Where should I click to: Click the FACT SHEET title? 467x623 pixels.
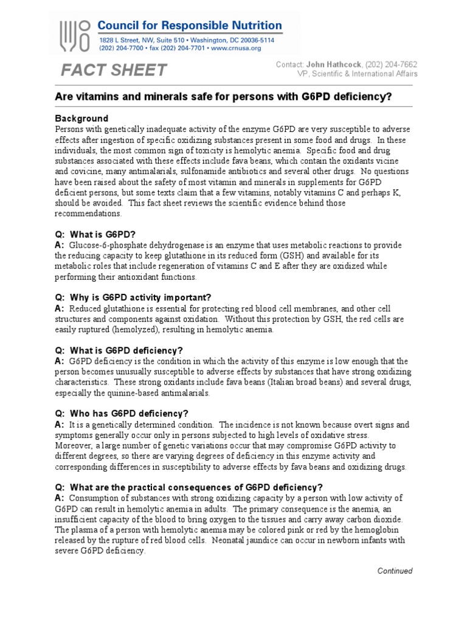click(x=113, y=70)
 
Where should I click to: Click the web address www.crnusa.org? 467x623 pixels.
click(x=237, y=48)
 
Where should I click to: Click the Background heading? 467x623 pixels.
click(x=81, y=118)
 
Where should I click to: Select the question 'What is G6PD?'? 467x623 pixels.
click(x=95, y=234)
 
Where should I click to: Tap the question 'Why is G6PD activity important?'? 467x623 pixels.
click(x=133, y=297)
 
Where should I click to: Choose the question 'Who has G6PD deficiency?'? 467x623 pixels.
click(x=122, y=413)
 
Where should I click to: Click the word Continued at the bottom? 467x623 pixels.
click(x=395, y=571)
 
